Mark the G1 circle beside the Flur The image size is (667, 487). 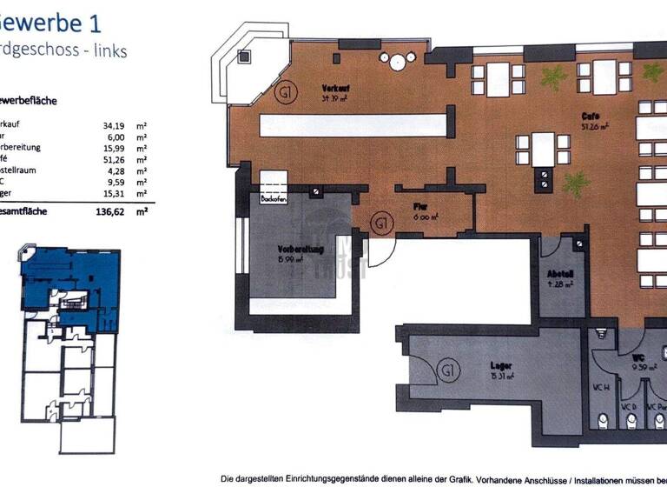[380, 223]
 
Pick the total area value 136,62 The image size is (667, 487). [114, 210]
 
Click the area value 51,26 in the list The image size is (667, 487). [116, 160]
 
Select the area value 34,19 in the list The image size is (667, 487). [116, 125]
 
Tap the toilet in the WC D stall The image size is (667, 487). [628, 421]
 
